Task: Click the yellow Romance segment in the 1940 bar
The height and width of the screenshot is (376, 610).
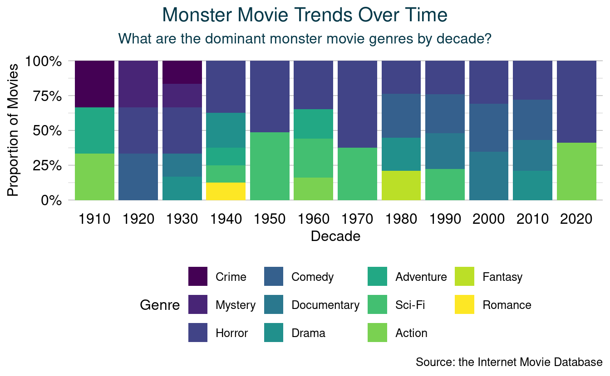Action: point(226,191)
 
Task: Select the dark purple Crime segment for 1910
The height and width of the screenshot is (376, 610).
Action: point(94,84)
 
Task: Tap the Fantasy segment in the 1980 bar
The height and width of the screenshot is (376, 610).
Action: point(401,185)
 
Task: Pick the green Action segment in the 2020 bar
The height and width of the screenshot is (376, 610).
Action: point(576,171)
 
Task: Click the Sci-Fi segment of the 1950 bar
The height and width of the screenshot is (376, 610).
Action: point(270,166)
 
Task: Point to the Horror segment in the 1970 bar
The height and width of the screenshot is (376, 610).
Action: point(357,104)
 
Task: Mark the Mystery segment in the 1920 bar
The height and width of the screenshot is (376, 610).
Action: point(138,84)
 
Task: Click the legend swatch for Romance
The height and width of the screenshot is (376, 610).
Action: point(464,305)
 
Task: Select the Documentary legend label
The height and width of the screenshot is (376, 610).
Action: point(325,305)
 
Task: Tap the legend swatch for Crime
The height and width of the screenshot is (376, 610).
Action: point(198,277)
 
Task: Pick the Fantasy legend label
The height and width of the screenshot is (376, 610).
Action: point(502,277)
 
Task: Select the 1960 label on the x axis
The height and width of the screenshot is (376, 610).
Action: point(314,219)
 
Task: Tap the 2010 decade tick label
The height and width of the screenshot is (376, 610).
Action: point(533,219)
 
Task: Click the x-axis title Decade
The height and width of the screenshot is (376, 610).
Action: point(335,236)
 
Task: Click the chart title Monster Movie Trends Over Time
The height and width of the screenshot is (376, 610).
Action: point(305,15)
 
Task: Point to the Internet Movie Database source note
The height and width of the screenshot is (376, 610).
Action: point(509,362)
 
